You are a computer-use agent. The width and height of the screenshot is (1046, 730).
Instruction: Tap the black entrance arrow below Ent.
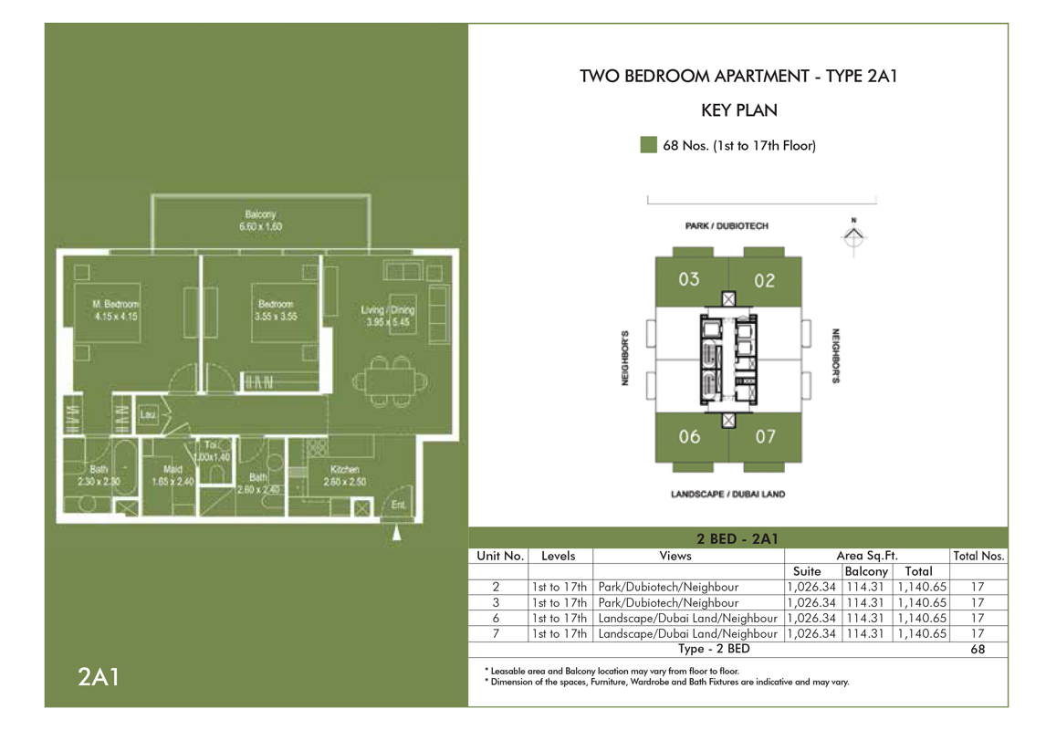396,534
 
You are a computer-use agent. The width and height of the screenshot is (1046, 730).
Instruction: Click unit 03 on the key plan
689,279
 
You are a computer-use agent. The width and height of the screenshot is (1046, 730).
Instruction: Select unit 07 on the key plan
765,436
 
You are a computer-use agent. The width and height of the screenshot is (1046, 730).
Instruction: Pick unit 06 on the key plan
689,436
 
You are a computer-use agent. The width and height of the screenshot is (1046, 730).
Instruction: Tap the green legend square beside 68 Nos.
648,145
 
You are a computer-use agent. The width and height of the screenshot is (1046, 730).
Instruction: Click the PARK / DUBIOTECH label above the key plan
727,225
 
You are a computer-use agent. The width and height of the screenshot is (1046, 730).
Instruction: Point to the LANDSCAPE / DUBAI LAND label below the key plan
727,495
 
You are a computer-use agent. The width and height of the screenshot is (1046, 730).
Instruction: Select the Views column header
675,555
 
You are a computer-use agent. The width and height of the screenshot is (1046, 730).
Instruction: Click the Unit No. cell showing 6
496,618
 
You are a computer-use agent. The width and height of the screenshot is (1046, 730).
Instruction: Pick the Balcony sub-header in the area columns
865,571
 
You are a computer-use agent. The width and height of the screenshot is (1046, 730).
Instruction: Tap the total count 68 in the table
978,650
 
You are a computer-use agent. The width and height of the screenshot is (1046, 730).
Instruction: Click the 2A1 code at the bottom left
98,678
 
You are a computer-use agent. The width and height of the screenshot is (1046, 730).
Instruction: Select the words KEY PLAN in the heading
738,110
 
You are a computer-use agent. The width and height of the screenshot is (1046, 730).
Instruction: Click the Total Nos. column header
978,555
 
